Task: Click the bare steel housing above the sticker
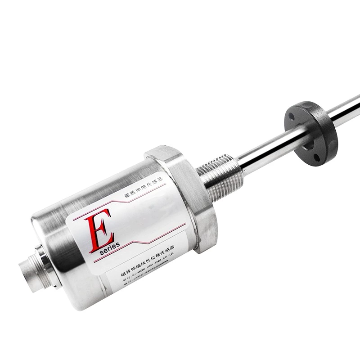[90, 189]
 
